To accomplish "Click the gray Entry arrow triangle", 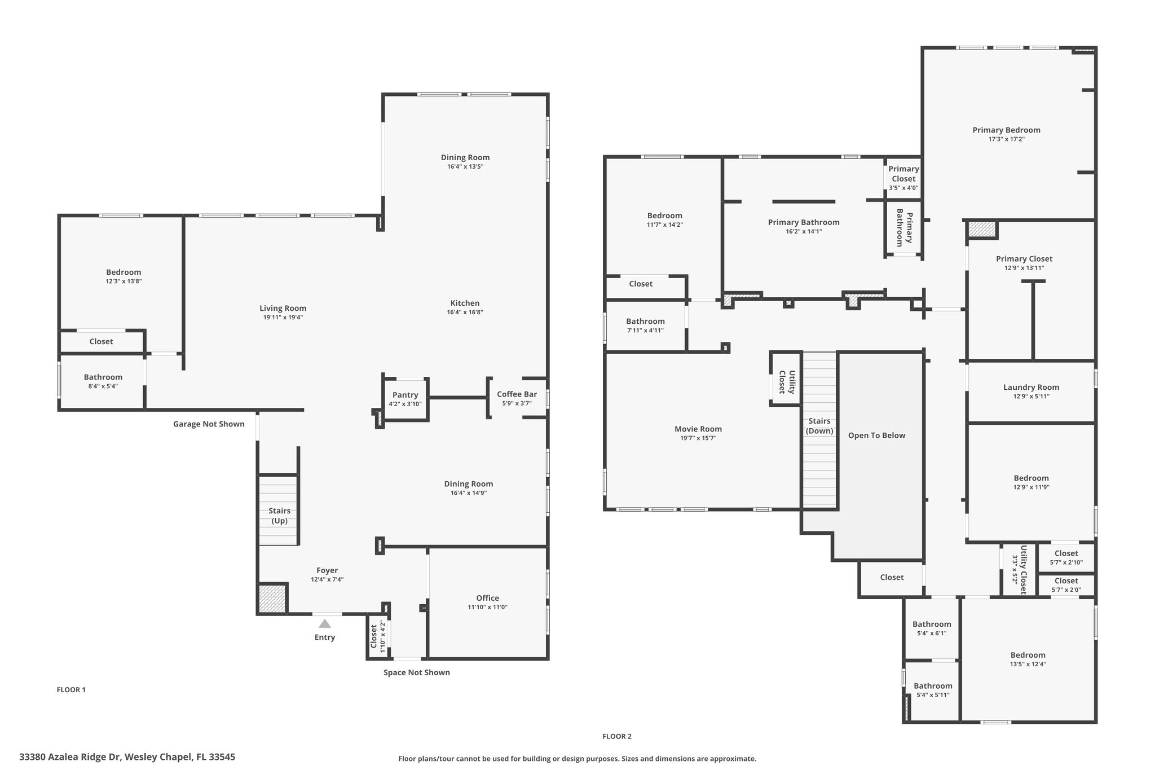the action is [x=325, y=623].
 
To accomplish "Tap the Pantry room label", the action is [x=405, y=395].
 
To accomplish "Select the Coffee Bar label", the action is [x=517, y=394].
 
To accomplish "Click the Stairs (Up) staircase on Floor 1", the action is [x=278, y=511].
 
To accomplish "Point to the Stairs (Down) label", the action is [x=819, y=426].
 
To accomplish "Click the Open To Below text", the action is [x=876, y=435].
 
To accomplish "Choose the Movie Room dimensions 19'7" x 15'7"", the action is [x=698, y=438].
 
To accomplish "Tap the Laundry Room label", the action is [x=1031, y=387].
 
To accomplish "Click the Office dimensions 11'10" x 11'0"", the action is [x=487, y=608].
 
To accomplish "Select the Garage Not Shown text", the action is [x=209, y=424].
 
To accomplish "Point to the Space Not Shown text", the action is [x=417, y=672].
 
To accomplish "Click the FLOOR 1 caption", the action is [x=71, y=689].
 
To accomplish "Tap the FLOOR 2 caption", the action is [x=617, y=736].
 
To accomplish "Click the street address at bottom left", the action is [x=127, y=757].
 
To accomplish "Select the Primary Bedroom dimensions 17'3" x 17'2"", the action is [x=1006, y=139].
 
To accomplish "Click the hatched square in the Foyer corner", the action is [x=273, y=598].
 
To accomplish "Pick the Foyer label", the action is [x=327, y=570].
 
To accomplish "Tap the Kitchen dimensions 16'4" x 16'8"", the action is [x=465, y=313].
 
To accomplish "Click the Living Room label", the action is [x=283, y=308].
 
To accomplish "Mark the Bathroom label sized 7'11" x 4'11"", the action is [x=645, y=322].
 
